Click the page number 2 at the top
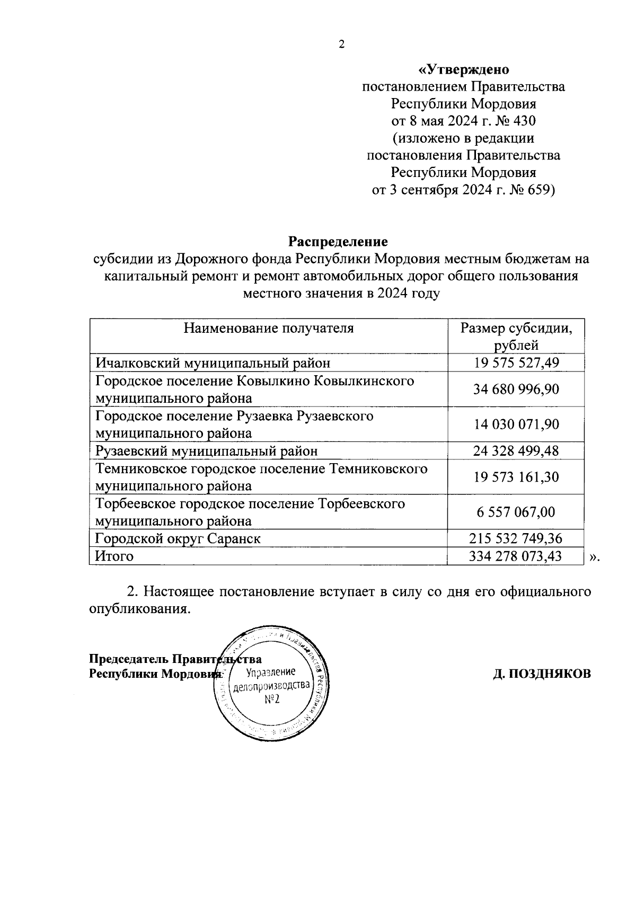click(341, 45)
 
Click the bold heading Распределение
click(338, 242)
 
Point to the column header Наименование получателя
click(268, 328)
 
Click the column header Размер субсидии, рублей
click(516, 337)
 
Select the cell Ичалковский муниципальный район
click(213, 363)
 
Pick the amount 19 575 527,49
click(516, 363)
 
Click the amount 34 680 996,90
click(516, 389)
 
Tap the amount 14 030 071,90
click(516, 424)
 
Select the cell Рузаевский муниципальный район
click(207, 451)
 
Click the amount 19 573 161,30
click(516, 477)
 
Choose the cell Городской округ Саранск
click(178, 539)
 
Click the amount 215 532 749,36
click(516, 539)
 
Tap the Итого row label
click(114, 556)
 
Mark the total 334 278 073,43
click(516, 556)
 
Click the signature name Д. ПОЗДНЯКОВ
click(542, 674)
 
